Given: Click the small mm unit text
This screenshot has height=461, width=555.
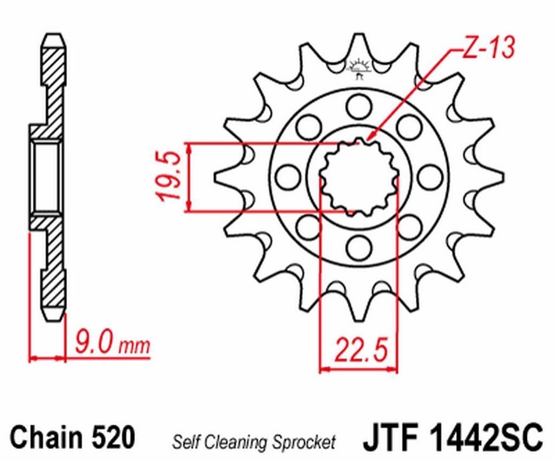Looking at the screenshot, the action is tap(134, 346).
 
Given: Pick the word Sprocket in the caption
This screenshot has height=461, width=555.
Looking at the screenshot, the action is tap(304, 442).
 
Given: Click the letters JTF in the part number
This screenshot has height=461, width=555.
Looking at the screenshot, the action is tap(391, 436).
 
